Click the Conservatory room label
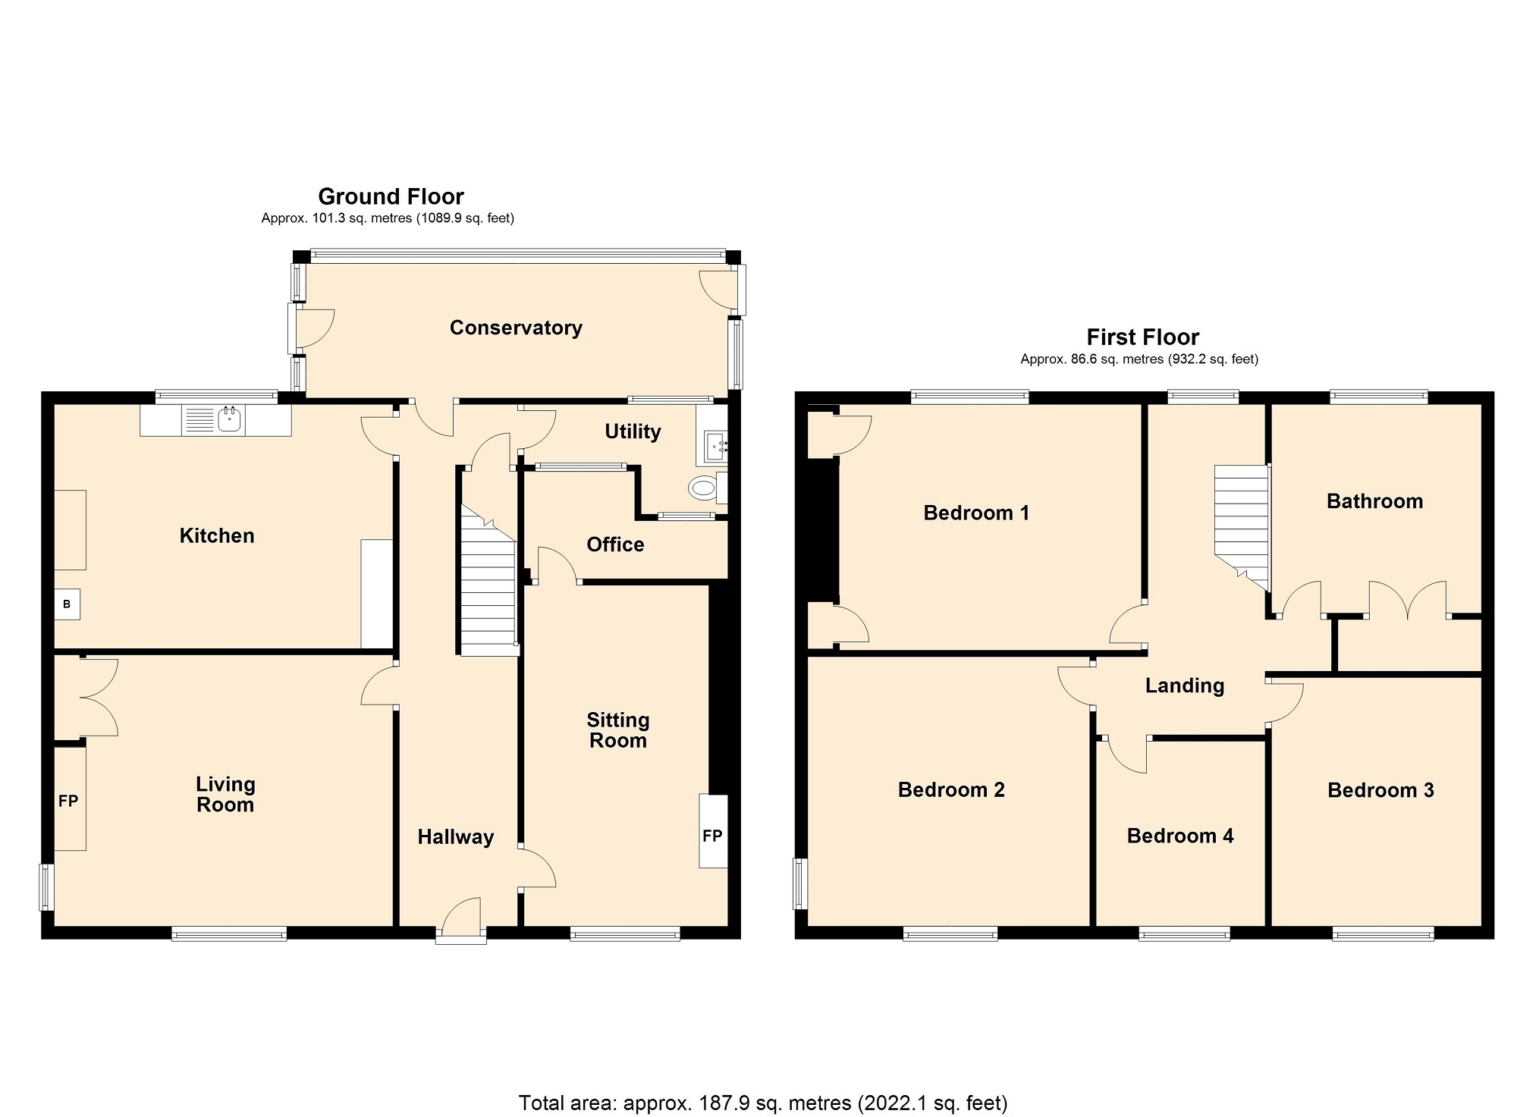point(516,328)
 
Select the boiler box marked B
point(67,604)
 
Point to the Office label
point(615,544)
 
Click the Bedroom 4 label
point(1180,836)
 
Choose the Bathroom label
point(1374,501)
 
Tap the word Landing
point(1185,686)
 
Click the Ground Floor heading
point(391,196)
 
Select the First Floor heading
point(1143,337)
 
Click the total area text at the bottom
point(763,1103)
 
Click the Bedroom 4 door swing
point(1126,755)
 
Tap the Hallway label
point(456,836)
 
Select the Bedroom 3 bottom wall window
point(1384,934)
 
